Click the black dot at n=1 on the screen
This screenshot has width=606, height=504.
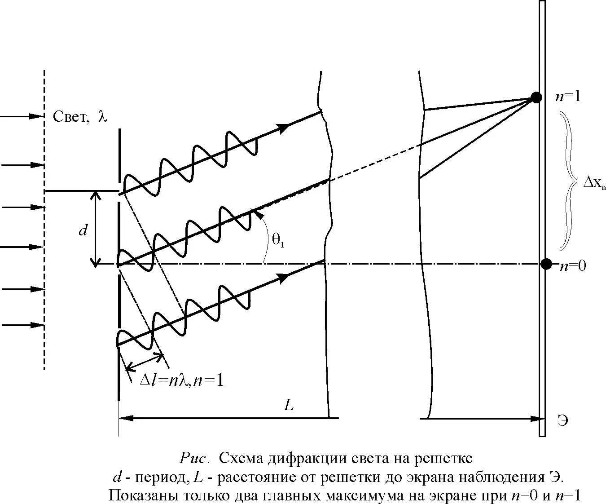536,97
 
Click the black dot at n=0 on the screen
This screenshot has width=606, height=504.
546,264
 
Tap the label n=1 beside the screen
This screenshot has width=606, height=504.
568,96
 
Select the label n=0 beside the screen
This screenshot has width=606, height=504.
573,265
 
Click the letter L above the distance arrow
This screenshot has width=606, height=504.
289,405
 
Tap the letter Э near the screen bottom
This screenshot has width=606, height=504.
563,421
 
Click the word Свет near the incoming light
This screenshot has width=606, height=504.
70,117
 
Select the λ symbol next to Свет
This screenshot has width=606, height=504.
103,116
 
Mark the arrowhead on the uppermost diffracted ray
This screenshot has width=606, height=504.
283,128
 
